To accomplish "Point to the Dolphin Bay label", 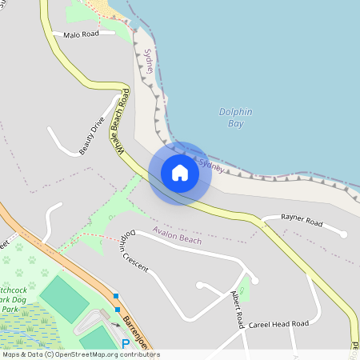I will click(x=236, y=118).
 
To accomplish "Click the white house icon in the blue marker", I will click(x=180, y=173).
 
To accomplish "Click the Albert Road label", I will click(x=238, y=310).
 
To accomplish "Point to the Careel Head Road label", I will click(x=278, y=324).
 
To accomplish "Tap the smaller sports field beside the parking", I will click(x=97, y=338).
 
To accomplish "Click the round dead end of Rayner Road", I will click(x=343, y=234).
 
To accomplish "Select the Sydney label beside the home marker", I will click(x=210, y=165).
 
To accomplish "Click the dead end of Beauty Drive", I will click(x=50, y=128).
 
